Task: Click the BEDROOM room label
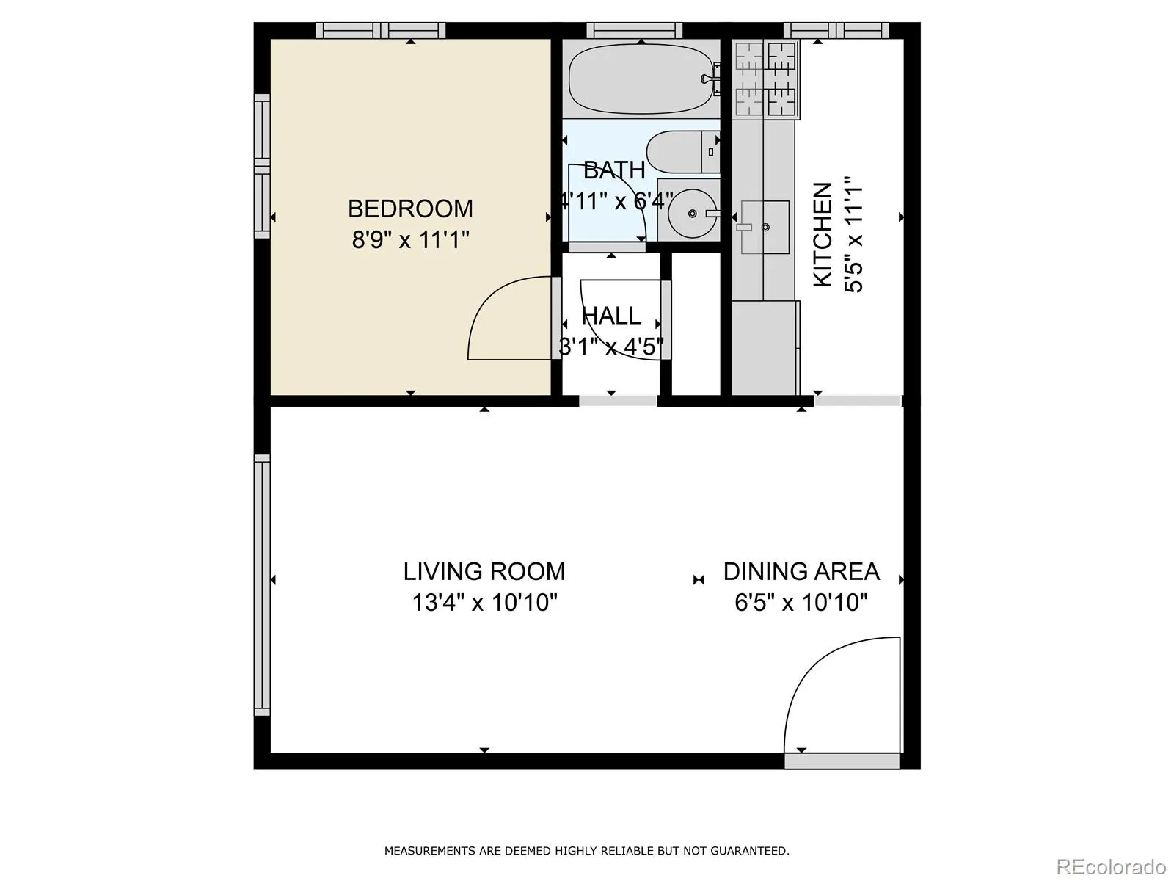(410, 209)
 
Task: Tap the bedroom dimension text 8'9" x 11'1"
(410, 239)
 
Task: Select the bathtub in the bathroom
(642, 79)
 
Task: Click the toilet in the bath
(683, 152)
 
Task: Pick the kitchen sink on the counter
(765, 228)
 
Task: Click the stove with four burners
(766, 79)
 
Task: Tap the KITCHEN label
(823, 235)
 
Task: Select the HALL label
(610, 316)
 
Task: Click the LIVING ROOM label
(484, 571)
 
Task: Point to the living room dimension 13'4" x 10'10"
(484, 602)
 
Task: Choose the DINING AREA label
(801, 571)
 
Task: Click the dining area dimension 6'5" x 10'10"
(801, 602)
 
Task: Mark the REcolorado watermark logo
(1112, 866)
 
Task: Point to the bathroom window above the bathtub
(635, 31)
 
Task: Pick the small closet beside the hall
(696, 324)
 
